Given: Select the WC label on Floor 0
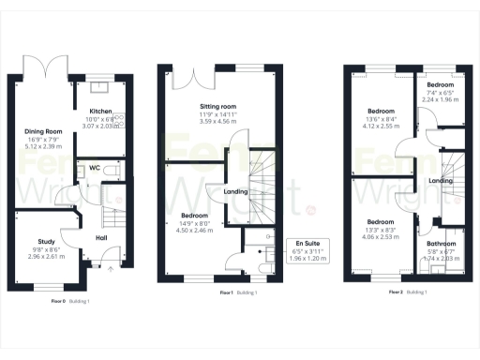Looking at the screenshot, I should tap(94, 169).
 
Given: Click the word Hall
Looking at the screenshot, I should tap(101, 236).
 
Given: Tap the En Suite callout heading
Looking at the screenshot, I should tap(305, 243).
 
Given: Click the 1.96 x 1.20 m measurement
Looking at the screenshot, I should tap(305, 258).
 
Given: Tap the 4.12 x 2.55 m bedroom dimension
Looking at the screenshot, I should tap(381, 125).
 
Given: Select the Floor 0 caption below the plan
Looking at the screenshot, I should tap(58, 302).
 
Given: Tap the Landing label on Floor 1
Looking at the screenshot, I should tap(237, 192).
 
